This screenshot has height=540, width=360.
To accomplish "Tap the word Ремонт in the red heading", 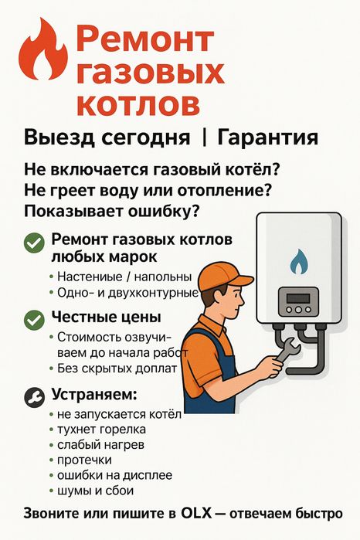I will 147,39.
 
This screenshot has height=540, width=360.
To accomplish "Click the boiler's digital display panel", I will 297,298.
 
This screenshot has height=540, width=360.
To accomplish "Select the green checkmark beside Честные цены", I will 33,319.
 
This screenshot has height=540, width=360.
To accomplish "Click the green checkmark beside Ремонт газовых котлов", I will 33,244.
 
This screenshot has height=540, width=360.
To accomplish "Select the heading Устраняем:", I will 93,395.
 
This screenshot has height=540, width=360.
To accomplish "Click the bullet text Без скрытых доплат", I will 114,368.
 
